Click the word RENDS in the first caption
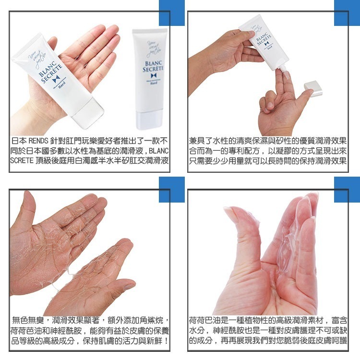click(38, 141)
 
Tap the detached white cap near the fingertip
click(313, 88)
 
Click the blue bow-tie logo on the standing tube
click(154, 75)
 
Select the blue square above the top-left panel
click(172, 13)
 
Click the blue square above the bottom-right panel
click(347, 190)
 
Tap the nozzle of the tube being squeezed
click(282, 68)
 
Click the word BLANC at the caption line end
click(159, 151)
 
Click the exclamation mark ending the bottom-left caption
click(166, 341)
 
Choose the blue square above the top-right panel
click(347, 13)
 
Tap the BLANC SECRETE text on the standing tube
click(153, 66)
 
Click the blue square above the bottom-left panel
click(172, 190)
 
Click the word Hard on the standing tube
click(154, 83)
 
